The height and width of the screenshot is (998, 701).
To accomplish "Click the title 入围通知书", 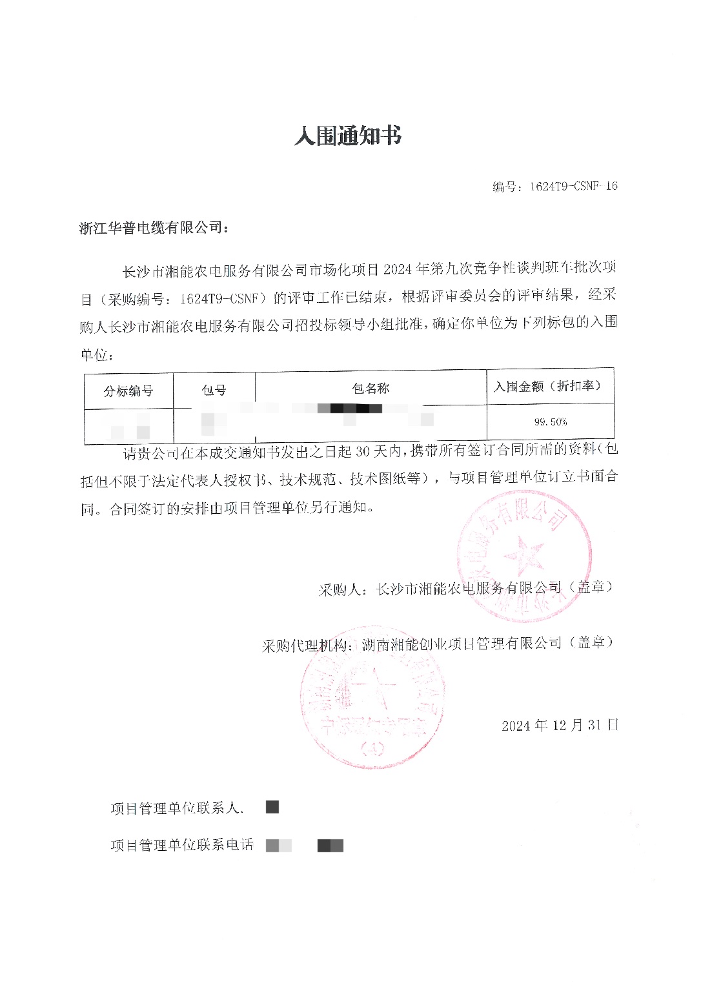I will point(348,136).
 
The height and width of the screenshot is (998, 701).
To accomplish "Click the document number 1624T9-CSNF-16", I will point(573,187).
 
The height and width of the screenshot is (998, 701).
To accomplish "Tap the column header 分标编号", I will point(128,391).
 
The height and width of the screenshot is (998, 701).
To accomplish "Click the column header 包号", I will point(214,391).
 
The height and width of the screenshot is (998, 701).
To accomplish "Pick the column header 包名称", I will point(371,389).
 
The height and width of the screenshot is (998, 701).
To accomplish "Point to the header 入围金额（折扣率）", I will point(548,387).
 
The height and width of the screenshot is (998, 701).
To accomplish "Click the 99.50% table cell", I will point(550,422).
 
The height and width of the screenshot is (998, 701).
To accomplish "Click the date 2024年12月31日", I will point(560,725).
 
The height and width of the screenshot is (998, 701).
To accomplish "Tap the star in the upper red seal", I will point(523,555).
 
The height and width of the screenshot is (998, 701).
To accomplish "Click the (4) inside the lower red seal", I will point(373,749).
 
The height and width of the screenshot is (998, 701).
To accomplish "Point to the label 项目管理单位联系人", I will point(176,808).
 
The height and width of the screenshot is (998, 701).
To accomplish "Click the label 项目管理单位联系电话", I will point(182,846).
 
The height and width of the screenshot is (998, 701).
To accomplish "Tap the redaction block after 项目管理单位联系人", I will point(272,807).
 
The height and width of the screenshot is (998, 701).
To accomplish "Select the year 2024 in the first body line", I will point(398,269).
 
